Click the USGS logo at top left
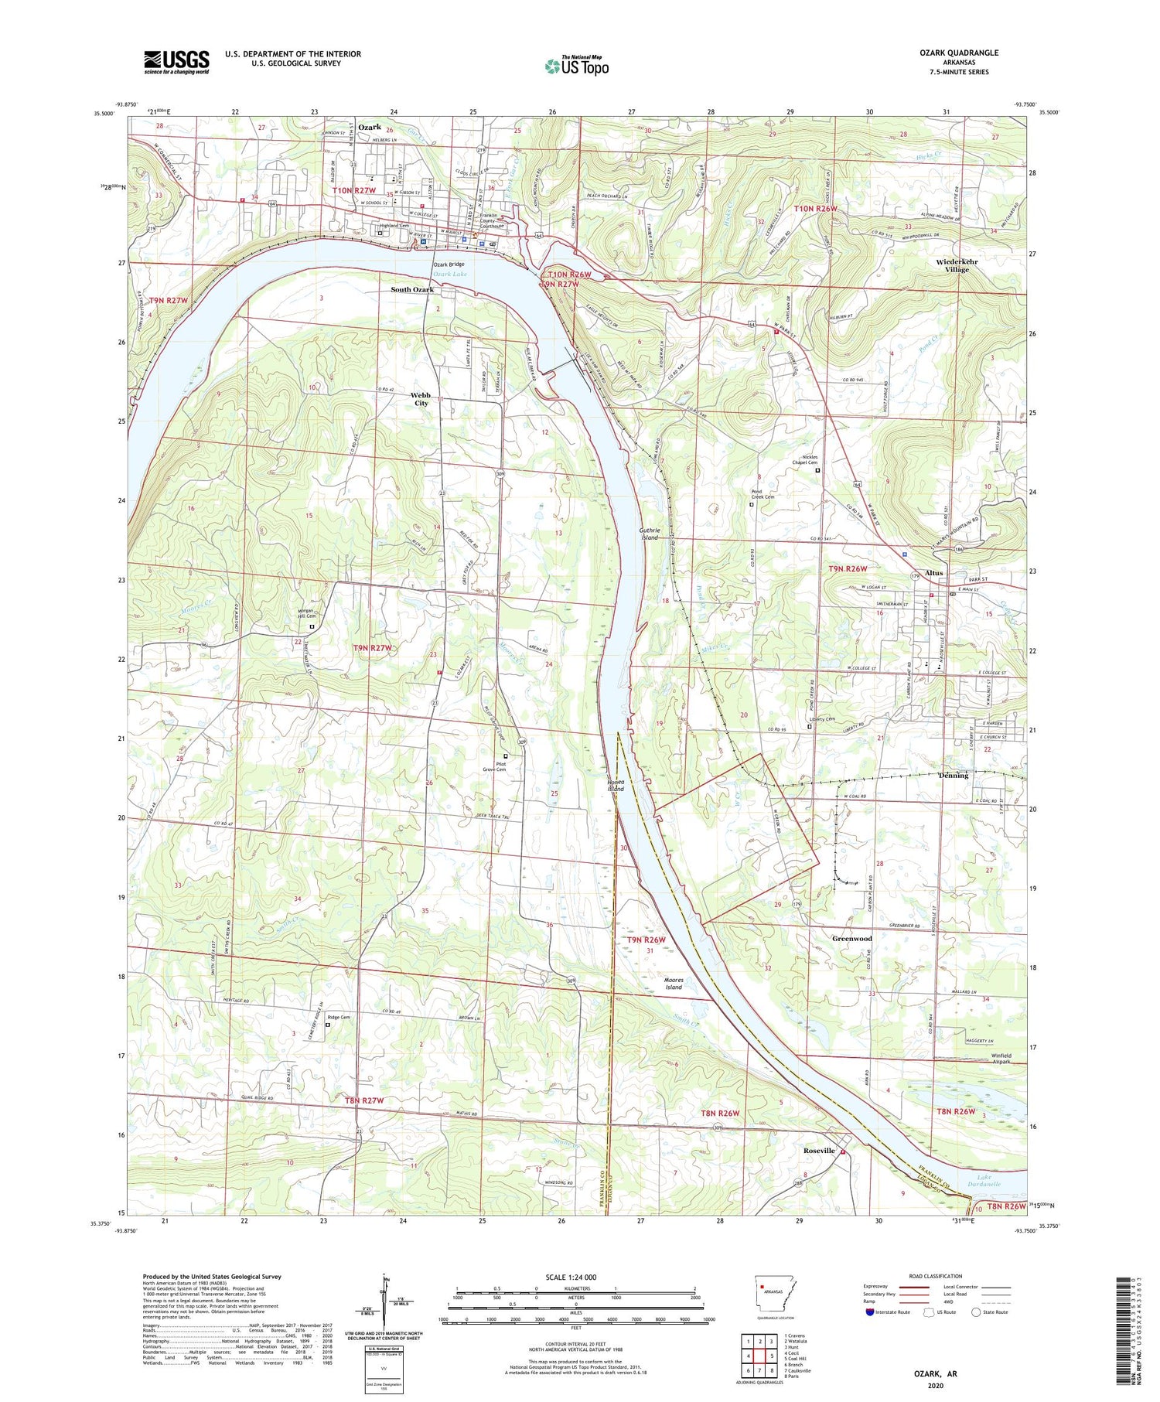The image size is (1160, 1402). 176,62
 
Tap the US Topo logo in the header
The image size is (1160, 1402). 576,67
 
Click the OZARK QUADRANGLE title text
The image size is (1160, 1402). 959,53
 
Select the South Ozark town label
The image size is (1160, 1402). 412,289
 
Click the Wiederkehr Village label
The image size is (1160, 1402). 957,265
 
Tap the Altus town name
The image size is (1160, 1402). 934,573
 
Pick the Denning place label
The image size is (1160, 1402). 953,775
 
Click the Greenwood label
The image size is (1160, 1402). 851,939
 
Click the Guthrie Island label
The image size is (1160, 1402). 650,533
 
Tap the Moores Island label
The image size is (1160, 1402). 674,983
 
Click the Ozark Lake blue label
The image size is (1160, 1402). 449,274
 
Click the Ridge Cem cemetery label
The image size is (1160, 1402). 339,1017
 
